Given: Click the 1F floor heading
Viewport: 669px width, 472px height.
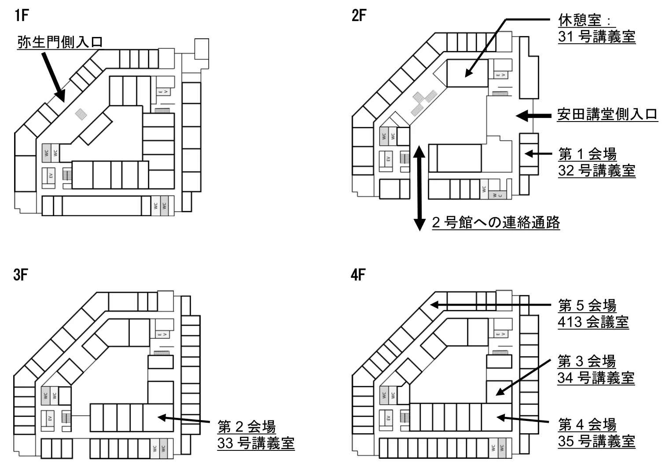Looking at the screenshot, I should point(21,16).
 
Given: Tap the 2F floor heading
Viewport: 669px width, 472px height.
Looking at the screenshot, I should point(359,16).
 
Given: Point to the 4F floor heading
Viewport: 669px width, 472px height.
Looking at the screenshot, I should point(359,276).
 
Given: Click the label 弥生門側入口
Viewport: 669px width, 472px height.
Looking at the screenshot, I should point(60,42).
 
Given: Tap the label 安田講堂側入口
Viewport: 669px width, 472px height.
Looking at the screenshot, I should point(607,114).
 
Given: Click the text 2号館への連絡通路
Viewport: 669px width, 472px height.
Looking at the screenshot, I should point(496,222).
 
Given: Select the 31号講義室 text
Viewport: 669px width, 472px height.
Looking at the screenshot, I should point(597,37).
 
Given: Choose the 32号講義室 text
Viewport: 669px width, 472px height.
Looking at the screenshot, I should point(597,170).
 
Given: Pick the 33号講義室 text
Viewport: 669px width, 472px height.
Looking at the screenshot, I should point(256,443).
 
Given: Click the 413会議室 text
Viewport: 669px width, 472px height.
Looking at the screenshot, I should point(593,322).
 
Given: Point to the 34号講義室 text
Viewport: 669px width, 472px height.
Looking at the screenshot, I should point(596,378).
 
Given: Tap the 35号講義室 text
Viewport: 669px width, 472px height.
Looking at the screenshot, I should point(597,441).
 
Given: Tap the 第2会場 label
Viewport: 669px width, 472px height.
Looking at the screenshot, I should point(246,427).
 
